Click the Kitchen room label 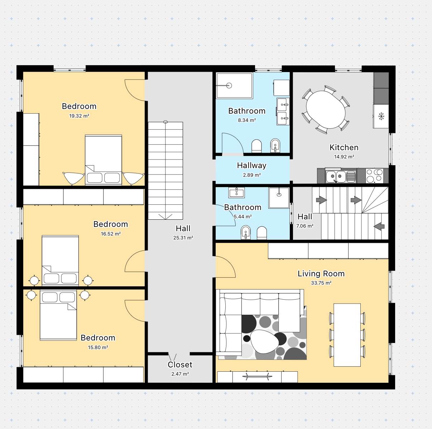[344, 147]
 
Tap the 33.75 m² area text [321, 283]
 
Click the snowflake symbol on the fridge [381, 116]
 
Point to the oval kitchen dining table [326, 110]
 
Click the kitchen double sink [341, 176]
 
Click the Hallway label [251, 165]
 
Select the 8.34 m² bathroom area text [247, 120]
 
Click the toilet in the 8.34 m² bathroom [256, 146]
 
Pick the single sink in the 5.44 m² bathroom [236, 193]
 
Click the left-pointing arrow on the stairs [379, 227]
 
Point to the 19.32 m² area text [79, 116]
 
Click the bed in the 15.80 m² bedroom [58, 315]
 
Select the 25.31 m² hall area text [183, 238]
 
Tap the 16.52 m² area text [111, 234]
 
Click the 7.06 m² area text [305, 226]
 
